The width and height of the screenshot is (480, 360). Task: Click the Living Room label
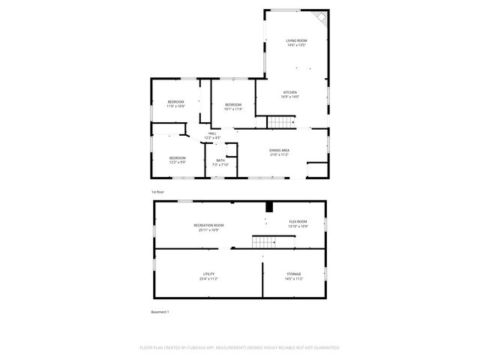(x=296, y=40)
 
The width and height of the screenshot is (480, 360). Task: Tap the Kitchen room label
(x=290, y=92)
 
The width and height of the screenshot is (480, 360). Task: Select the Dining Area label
(x=280, y=151)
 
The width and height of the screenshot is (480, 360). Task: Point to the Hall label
(x=212, y=133)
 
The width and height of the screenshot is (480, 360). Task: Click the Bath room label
(x=220, y=160)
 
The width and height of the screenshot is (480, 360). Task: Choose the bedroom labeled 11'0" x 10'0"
(x=175, y=101)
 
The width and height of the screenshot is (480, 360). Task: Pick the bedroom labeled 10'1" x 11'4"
(x=232, y=104)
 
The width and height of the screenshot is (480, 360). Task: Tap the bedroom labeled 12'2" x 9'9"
(x=178, y=157)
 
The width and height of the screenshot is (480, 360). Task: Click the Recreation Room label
(x=208, y=224)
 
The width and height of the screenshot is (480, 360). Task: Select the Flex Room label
(x=298, y=221)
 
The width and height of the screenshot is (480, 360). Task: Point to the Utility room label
(x=208, y=274)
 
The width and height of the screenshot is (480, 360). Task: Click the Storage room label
(x=294, y=274)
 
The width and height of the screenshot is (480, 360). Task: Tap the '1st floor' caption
(x=157, y=192)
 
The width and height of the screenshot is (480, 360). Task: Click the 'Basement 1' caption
(x=159, y=312)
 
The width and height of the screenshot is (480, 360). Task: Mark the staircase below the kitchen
(x=281, y=122)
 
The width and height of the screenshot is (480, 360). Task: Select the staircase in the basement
(x=264, y=241)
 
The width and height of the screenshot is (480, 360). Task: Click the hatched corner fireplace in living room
(x=320, y=18)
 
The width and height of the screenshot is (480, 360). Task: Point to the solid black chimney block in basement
(x=268, y=206)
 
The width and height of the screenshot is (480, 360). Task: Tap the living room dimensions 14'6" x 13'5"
(x=296, y=45)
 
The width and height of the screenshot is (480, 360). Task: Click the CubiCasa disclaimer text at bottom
(x=240, y=348)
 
